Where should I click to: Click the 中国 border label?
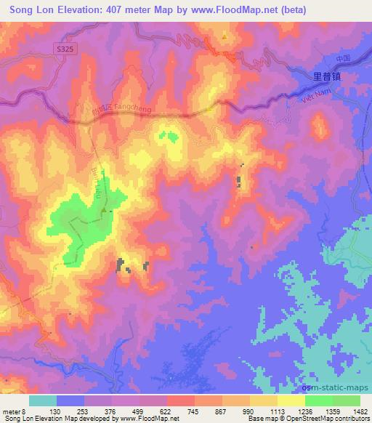(x=344, y=57)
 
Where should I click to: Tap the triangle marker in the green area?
(x=105, y=211)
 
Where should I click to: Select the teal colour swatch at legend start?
(x=43, y=400)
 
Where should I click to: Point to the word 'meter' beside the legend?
(x=11, y=411)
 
